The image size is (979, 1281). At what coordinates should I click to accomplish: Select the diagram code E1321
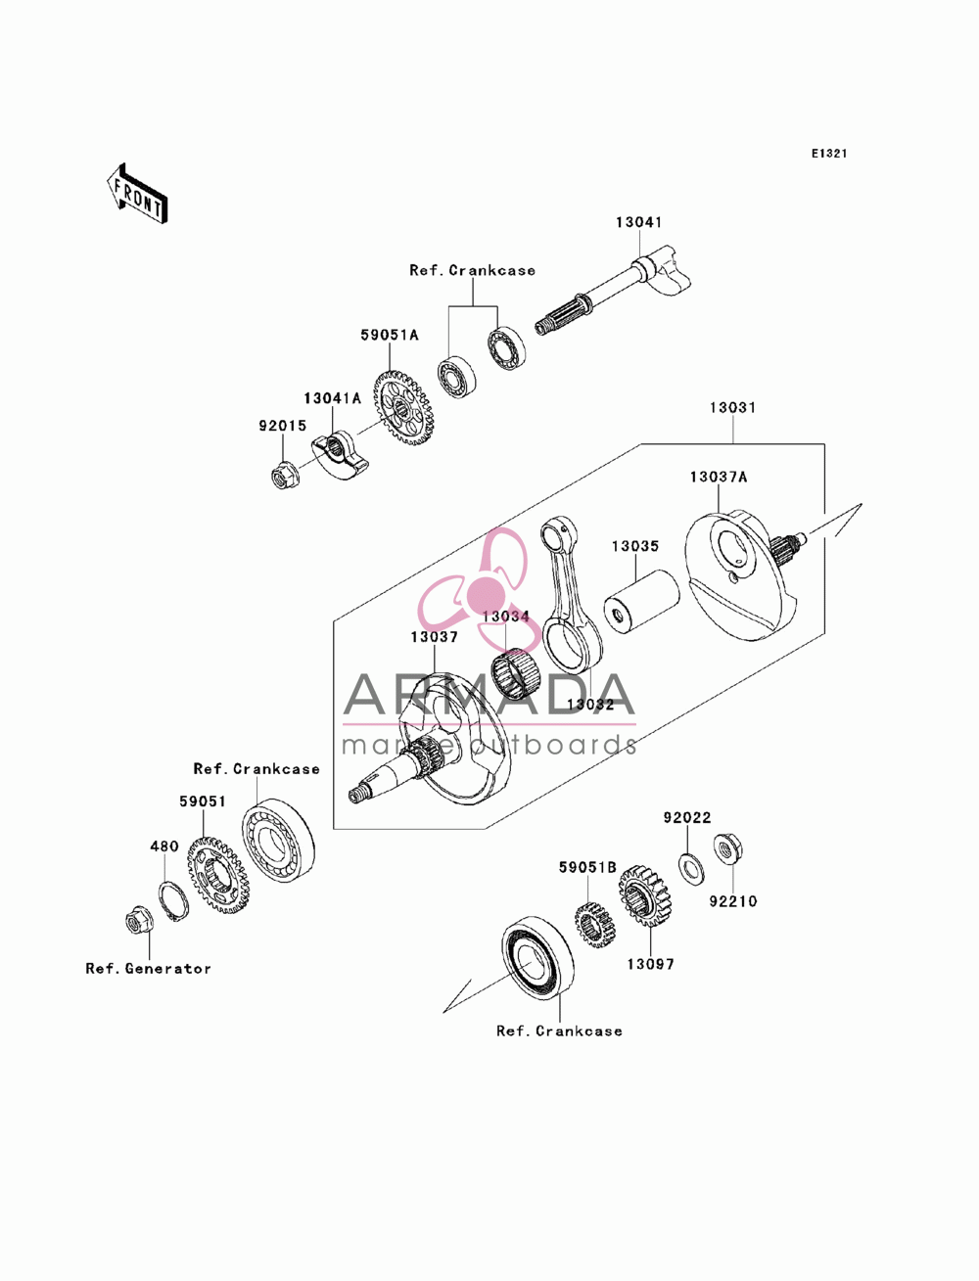point(829,154)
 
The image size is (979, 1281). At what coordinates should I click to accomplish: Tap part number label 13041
point(638,222)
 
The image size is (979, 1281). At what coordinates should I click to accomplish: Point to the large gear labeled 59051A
point(403,408)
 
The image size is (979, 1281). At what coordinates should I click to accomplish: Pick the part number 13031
point(732,407)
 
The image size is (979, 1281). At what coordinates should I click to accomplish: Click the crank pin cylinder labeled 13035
point(641,603)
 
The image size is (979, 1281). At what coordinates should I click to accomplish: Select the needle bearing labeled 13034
point(516,674)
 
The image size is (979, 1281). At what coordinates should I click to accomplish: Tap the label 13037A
point(718,477)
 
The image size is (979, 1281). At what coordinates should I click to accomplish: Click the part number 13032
point(590,705)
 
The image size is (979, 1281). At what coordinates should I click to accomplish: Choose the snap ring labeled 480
point(174,902)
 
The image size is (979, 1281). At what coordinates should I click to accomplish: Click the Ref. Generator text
point(148,969)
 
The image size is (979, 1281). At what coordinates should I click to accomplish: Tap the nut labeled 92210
point(728,849)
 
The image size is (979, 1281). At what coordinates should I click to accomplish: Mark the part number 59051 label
point(202,801)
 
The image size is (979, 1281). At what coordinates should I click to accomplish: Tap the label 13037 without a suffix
point(434,637)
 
